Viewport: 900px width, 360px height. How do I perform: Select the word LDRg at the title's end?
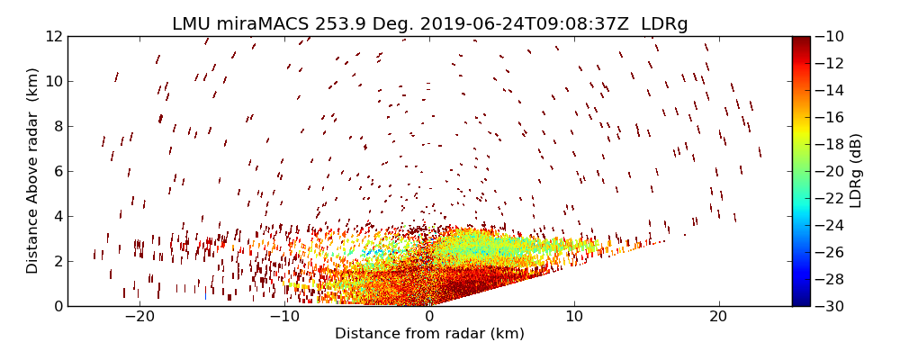coord(664,24)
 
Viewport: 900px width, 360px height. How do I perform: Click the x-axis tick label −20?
coord(139,318)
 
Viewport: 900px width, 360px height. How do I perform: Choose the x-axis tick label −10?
coord(284,318)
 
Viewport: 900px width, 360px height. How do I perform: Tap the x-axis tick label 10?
coord(573,318)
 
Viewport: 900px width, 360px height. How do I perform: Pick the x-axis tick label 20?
coord(718,318)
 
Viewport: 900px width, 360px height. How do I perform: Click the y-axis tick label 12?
coord(52,36)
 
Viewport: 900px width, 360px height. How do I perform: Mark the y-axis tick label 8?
coord(56,126)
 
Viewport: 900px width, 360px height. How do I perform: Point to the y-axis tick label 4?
coord(56,216)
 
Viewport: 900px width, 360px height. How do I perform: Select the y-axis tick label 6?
coord(56,171)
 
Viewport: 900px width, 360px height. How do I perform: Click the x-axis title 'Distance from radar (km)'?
coord(429,334)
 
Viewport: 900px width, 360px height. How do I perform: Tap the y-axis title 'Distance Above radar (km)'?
coord(33,171)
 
